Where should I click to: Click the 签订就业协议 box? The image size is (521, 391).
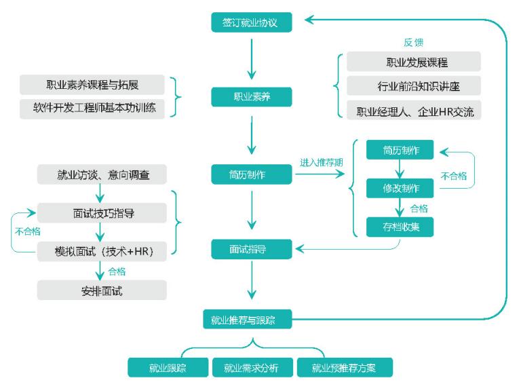tap(252, 22)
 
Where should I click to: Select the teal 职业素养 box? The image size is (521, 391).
tap(252, 97)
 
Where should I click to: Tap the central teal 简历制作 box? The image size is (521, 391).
tap(252, 174)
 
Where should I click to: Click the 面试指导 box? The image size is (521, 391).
tap(252, 249)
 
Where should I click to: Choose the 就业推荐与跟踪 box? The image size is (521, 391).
tap(248, 320)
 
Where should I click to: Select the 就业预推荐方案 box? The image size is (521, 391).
tap(344, 369)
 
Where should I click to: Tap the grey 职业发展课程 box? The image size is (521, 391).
tap(413, 62)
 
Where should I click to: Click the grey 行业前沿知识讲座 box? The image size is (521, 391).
tap(413, 86)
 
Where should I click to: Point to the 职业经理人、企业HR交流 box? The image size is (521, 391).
tap(413, 111)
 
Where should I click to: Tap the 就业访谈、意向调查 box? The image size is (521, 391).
tap(102, 175)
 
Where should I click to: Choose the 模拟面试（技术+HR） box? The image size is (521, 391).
tap(102, 250)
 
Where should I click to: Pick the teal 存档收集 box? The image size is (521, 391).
tap(399, 227)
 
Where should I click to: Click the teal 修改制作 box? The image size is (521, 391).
tap(399, 189)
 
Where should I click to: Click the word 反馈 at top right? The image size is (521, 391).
tap(413, 42)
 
